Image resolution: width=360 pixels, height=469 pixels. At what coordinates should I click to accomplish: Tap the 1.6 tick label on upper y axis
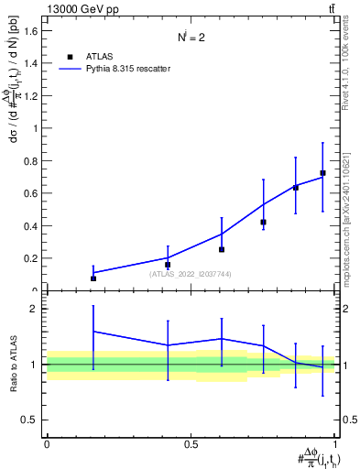(31, 31)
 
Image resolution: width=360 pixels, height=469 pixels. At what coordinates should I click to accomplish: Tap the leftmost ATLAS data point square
(93, 278)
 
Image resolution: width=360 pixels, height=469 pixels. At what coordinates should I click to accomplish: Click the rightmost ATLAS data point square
(322, 173)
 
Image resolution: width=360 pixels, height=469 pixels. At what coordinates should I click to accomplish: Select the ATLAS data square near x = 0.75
(263, 222)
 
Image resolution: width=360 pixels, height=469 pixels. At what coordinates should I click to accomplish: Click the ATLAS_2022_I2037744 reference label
(191, 273)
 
